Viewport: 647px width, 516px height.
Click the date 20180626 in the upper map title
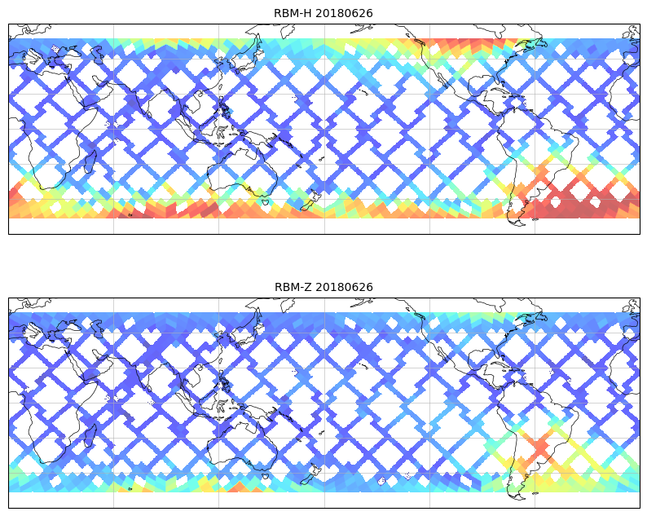(344, 13)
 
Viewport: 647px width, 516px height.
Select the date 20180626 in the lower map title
(344, 287)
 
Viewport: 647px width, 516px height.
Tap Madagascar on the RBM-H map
(90, 161)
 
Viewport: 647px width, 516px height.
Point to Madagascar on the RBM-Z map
(90, 435)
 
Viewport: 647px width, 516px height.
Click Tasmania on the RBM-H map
(265, 202)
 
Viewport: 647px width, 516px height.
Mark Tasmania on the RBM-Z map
(265, 475)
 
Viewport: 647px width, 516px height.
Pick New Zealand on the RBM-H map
(310, 201)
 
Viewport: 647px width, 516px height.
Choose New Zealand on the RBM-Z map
(310, 474)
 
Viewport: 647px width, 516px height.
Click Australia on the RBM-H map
(243, 170)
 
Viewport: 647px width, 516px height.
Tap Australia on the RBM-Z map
(243, 443)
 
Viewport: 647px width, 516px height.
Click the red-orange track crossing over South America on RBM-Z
(539, 447)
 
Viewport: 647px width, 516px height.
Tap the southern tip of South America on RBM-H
(519, 224)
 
